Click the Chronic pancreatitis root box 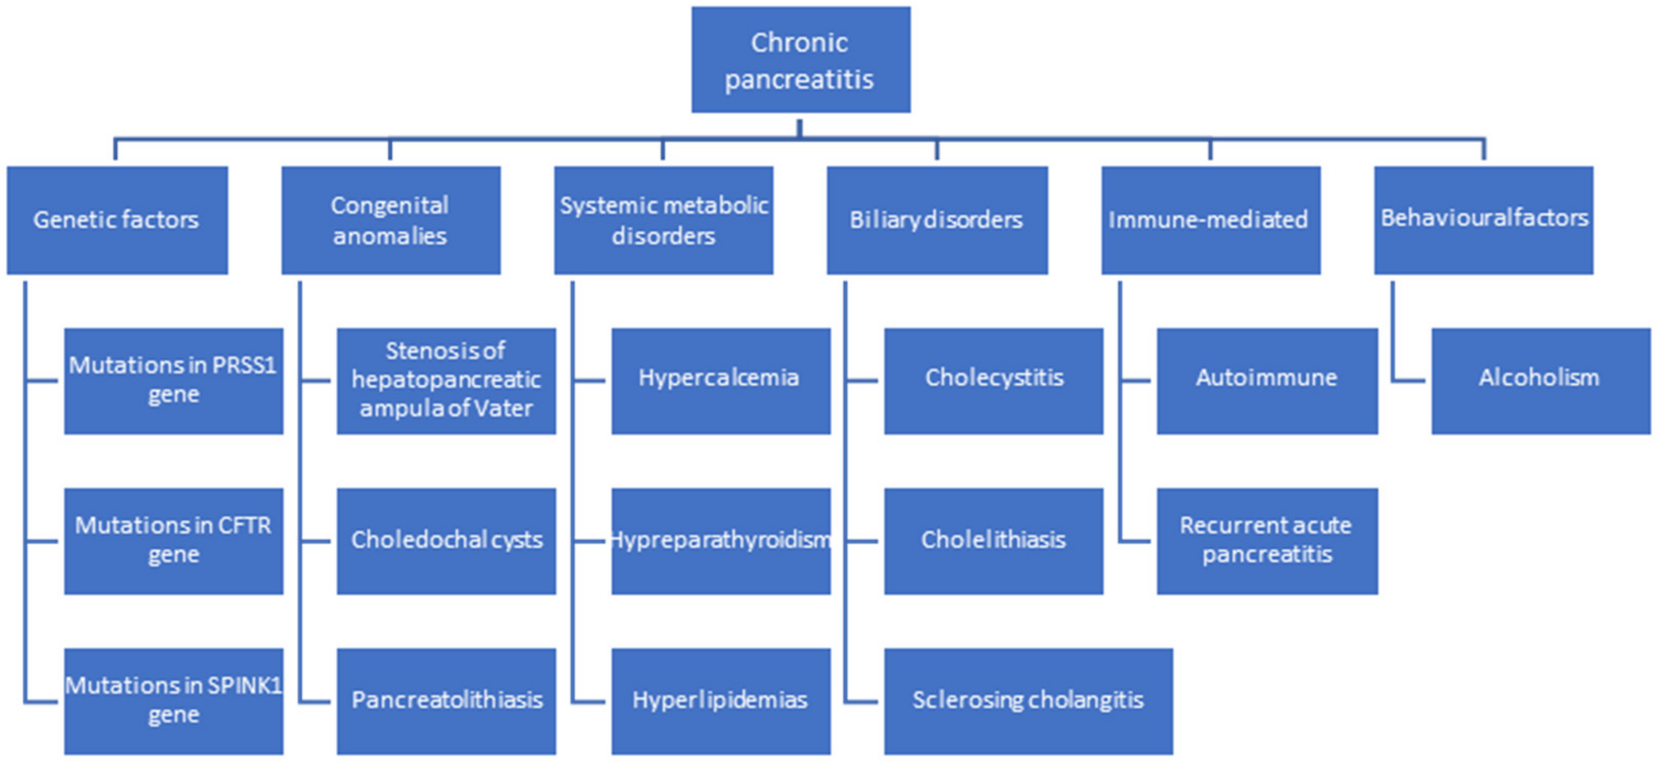tap(800, 60)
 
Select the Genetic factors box tap(116, 220)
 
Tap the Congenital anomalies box tap(390, 220)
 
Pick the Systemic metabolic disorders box tap(663, 220)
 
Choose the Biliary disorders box tap(937, 220)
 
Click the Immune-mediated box tap(1210, 220)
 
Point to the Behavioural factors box tap(1483, 220)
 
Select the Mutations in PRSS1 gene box tap(173, 380)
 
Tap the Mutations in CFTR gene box tap(173, 541)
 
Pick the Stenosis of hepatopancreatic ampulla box tap(446, 380)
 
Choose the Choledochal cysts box tap(446, 541)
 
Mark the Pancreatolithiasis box tap(446, 700)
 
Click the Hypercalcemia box tap(720, 380)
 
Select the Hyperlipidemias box tap(720, 700)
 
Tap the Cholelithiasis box tap(993, 541)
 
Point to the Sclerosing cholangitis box tap(1028, 700)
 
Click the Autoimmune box tap(1267, 380)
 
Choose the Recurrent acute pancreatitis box tap(1267, 541)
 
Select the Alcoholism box tap(1540, 380)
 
